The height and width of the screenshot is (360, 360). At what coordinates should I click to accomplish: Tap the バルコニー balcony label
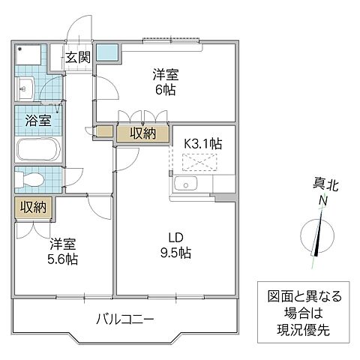tap(124, 319)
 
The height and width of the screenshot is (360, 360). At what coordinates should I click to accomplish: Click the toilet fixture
tap(31, 180)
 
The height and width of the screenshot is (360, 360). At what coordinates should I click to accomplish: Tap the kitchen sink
tap(184, 186)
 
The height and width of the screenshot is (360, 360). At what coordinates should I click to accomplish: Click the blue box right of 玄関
tap(106, 53)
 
